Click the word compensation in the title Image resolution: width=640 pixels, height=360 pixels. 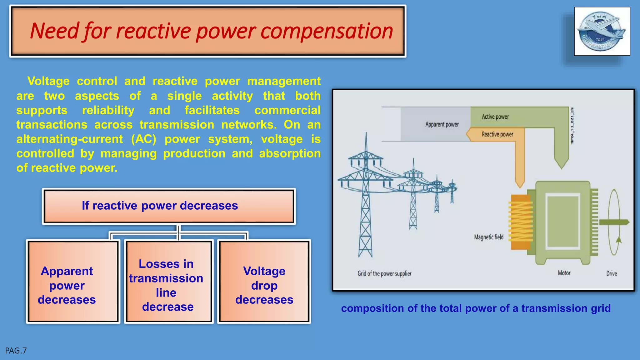click(327, 31)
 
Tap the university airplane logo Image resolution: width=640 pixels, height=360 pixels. click(602, 31)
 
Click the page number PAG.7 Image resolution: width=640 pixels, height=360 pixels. click(16, 351)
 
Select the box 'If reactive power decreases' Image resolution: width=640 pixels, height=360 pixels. click(169, 206)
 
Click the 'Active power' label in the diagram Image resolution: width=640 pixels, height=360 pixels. click(495, 117)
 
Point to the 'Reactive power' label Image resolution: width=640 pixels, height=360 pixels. click(497, 134)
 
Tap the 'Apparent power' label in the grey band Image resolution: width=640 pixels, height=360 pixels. click(442, 124)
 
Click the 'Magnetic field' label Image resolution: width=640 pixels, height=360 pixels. click(489, 237)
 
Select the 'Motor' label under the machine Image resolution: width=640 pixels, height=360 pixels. click(564, 273)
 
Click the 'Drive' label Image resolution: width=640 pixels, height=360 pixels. click(612, 273)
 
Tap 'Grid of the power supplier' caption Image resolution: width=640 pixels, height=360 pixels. click(384, 274)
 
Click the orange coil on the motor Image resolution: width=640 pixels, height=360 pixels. click(520, 222)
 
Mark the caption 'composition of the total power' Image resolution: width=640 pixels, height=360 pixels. click(476, 308)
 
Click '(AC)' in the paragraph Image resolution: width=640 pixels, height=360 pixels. click(143, 139)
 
